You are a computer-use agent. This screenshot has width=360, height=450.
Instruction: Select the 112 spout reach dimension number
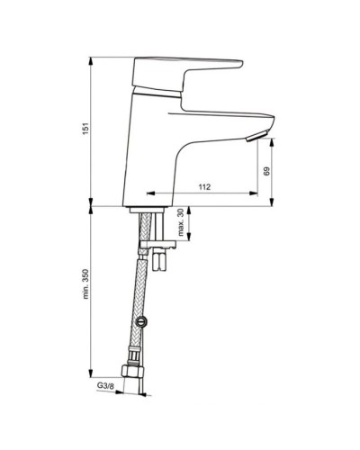point(204,187)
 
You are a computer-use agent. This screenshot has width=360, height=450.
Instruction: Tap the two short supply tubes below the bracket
point(161,260)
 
